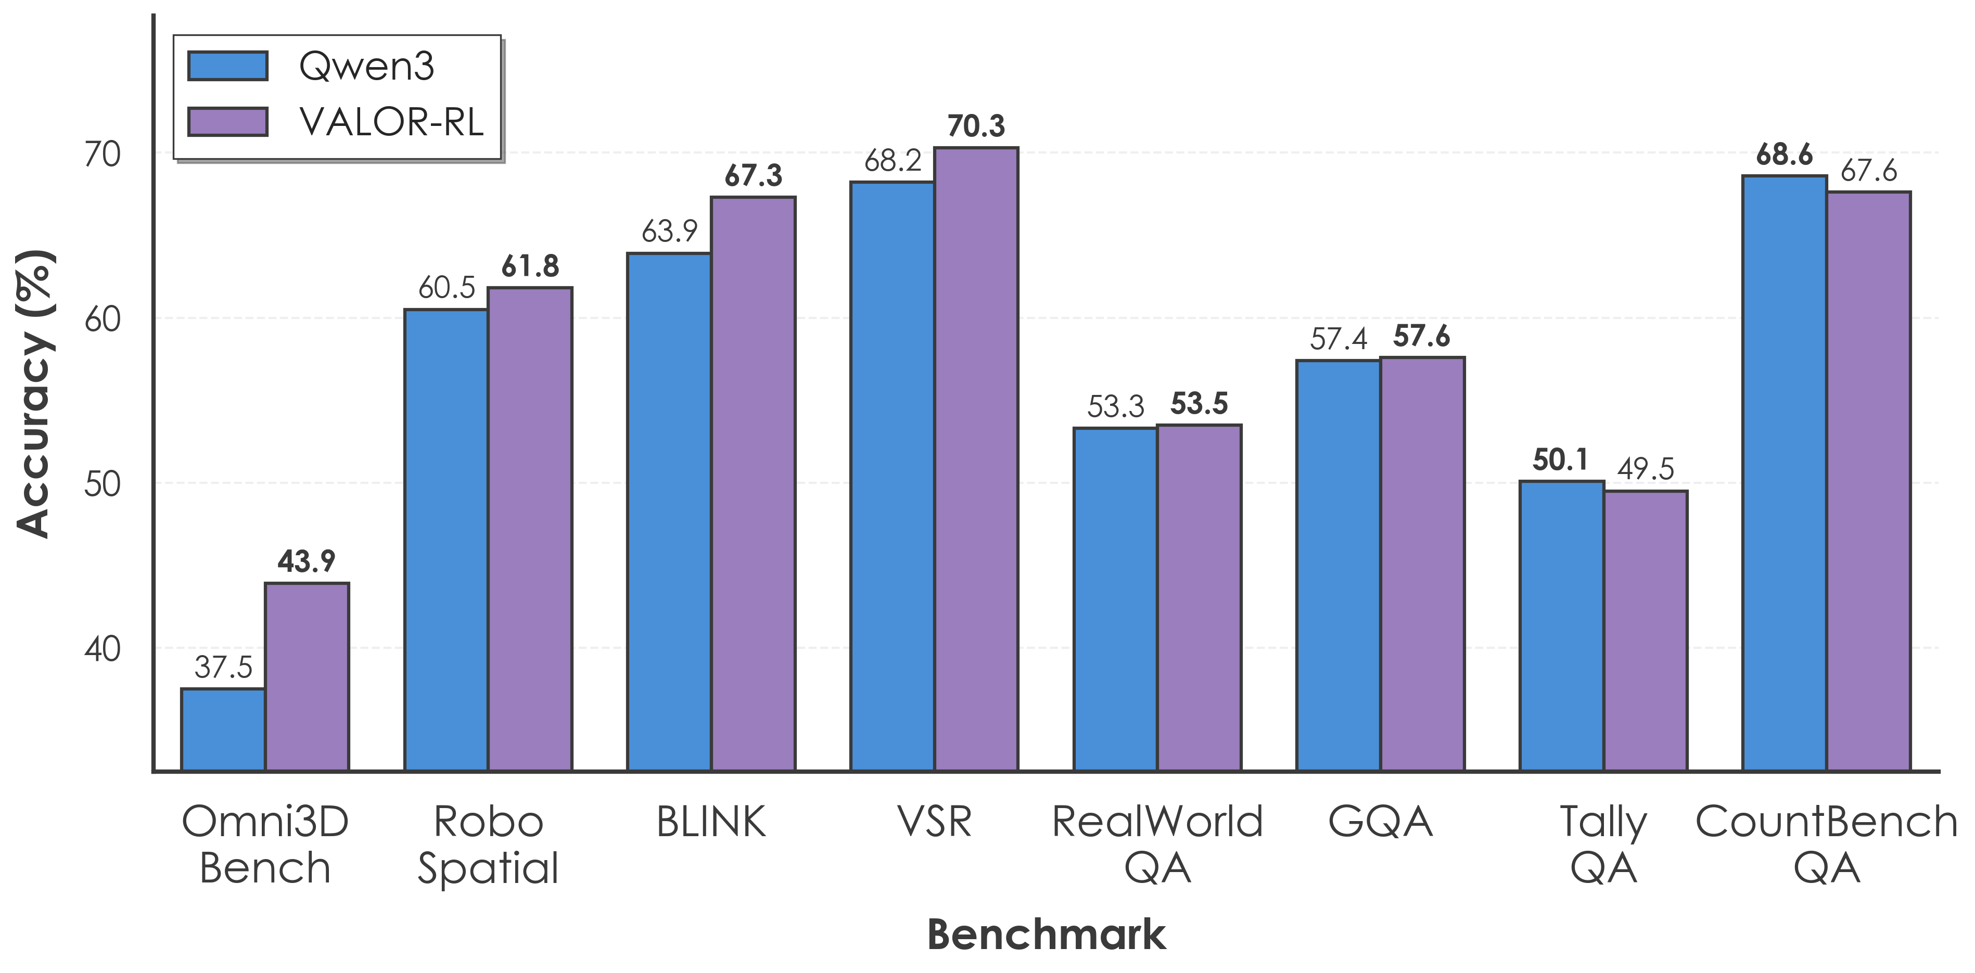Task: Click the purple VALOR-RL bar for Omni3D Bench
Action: coord(307,676)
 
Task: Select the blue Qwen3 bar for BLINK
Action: coord(669,511)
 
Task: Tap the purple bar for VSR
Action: coord(976,458)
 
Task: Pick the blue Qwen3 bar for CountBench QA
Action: coord(1784,473)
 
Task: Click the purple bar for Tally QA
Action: coord(1646,630)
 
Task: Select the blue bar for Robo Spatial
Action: coord(446,540)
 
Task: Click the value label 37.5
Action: coord(223,667)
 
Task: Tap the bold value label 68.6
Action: coord(1784,155)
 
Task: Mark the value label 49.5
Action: coord(1646,468)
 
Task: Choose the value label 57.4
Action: coord(1338,339)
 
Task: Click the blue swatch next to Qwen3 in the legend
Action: coord(228,66)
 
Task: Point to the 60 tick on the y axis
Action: coord(103,319)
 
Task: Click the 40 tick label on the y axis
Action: coord(103,649)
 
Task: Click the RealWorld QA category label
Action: coord(1157,844)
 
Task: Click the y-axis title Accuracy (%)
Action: coord(34,393)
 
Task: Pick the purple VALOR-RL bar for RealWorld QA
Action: coord(1199,597)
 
